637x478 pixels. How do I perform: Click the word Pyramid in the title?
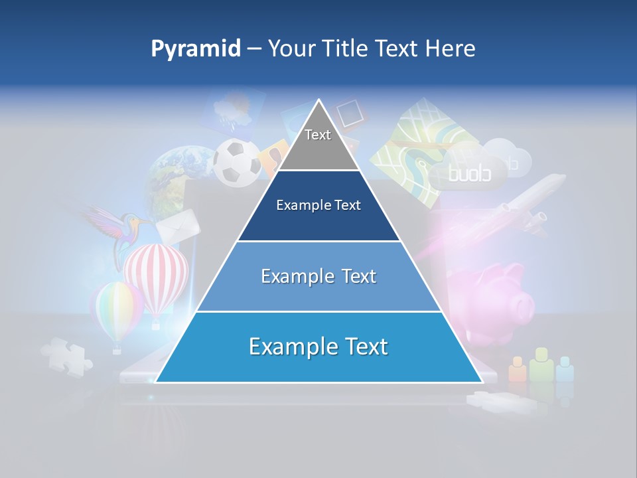pyautogui.click(x=195, y=49)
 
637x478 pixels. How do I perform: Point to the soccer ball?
pyautogui.click(x=237, y=161)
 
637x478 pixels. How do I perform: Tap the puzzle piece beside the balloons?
pyautogui.click(x=66, y=355)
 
